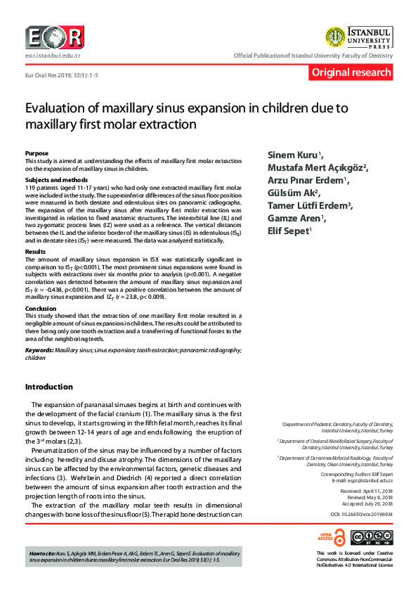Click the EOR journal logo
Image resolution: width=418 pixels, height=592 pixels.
[x=54, y=37]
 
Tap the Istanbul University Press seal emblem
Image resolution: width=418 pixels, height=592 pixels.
[x=335, y=37]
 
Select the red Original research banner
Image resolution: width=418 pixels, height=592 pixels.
[x=351, y=72]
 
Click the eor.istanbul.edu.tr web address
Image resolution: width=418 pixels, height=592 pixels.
[x=53, y=54]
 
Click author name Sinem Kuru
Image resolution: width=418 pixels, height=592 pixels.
[x=292, y=154]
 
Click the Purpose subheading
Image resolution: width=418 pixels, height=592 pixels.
[x=37, y=153]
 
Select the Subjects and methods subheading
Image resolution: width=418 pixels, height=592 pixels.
[x=53, y=180]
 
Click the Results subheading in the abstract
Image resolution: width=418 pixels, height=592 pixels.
[x=35, y=251]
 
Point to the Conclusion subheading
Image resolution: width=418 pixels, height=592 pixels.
[x=40, y=308]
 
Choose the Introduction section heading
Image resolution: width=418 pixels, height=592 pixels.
[x=49, y=387]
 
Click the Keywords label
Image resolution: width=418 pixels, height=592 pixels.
[x=39, y=349]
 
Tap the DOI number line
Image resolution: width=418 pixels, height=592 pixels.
[x=363, y=515]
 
